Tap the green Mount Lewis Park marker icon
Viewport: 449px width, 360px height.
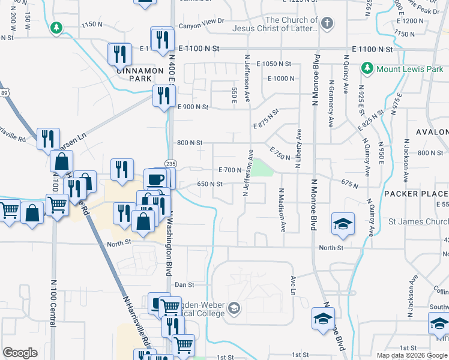click(x=367, y=69)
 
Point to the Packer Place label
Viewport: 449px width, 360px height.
click(x=415, y=194)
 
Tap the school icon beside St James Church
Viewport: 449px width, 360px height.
click(x=343, y=224)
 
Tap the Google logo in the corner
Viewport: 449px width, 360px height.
click(x=20, y=352)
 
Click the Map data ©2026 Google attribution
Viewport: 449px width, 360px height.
click(x=412, y=355)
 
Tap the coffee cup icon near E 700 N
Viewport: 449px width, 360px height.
click(x=155, y=179)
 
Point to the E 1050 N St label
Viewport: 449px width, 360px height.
click(x=273, y=64)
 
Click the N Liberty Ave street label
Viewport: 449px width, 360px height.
click(x=298, y=147)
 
